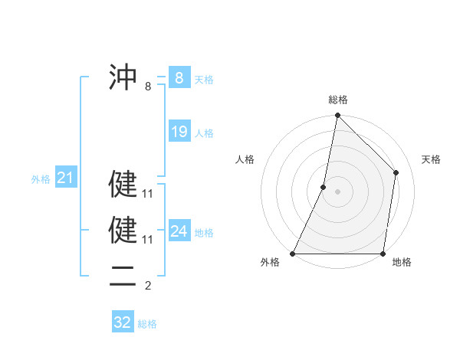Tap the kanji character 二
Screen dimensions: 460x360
click(x=123, y=274)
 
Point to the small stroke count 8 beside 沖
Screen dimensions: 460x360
click(x=148, y=87)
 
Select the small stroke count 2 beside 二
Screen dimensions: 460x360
click(x=148, y=286)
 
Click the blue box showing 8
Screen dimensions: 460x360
click(x=179, y=77)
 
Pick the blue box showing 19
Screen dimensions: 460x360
click(x=179, y=132)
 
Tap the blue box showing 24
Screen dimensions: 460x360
click(x=179, y=231)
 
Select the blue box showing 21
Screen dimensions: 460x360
click(x=65, y=178)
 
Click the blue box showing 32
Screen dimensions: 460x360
click(x=123, y=322)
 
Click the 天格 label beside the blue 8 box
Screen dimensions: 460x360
click(x=204, y=79)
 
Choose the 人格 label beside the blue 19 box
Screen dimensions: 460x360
click(x=204, y=133)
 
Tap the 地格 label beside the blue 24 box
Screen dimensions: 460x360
click(x=204, y=233)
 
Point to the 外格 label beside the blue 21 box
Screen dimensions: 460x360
click(x=41, y=180)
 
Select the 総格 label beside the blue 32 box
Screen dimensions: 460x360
click(x=147, y=324)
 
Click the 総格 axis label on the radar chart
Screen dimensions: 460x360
click(x=338, y=100)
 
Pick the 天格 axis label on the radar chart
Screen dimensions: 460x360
click(x=431, y=159)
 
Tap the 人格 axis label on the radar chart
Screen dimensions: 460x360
click(x=245, y=159)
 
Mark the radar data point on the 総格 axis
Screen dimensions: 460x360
click(x=337, y=116)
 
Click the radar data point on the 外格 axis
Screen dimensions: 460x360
click(x=294, y=253)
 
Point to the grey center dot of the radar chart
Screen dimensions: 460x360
click(x=337, y=191)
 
